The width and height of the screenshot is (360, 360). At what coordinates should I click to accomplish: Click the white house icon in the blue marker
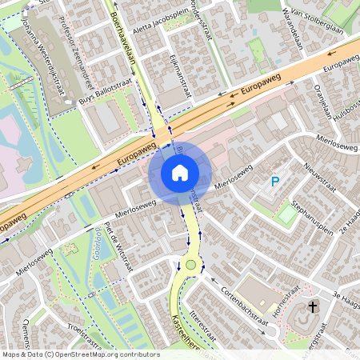click(180, 173)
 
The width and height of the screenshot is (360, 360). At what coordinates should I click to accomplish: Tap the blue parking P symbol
click(275, 182)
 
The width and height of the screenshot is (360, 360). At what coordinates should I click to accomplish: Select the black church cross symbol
click(313, 307)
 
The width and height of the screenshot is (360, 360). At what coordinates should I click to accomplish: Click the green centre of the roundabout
click(190, 264)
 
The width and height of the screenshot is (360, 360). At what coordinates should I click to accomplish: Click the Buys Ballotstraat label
click(102, 100)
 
